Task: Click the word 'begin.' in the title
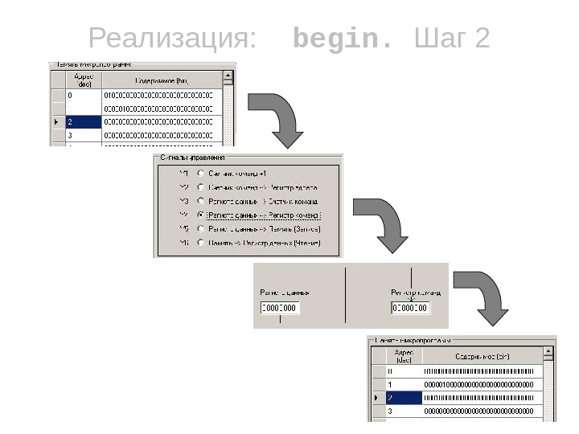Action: [x=344, y=39]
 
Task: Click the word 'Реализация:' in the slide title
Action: [x=174, y=39]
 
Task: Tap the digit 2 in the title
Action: [x=482, y=39]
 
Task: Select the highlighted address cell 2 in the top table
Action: [x=84, y=122]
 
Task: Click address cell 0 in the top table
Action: [x=84, y=95]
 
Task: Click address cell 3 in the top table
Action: [x=84, y=136]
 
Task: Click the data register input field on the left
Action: [x=279, y=308]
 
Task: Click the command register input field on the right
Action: [x=411, y=308]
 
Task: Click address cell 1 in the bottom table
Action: [x=403, y=384]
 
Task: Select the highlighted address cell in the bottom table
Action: [x=403, y=398]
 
